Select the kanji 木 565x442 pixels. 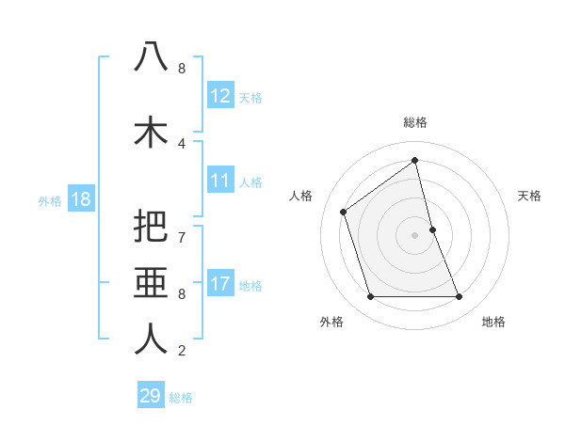point(151,132)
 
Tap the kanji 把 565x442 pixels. point(151,226)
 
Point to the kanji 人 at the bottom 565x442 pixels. point(151,339)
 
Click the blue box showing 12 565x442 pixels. point(220,96)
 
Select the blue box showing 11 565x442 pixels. point(220,181)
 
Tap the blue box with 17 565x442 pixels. point(220,284)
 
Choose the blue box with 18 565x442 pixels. point(80,199)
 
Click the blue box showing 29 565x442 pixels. point(151,396)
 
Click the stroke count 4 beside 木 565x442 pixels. point(182,144)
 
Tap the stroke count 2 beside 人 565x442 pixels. point(182,352)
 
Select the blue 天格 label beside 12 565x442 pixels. point(250,98)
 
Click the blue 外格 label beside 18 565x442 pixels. point(50,200)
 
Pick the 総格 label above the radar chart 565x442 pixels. point(414,122)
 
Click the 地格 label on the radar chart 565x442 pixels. point(493,322)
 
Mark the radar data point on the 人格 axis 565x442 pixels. point(344,212)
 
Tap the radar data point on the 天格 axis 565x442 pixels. point(432,229)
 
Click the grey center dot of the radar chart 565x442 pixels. point(414,234)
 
